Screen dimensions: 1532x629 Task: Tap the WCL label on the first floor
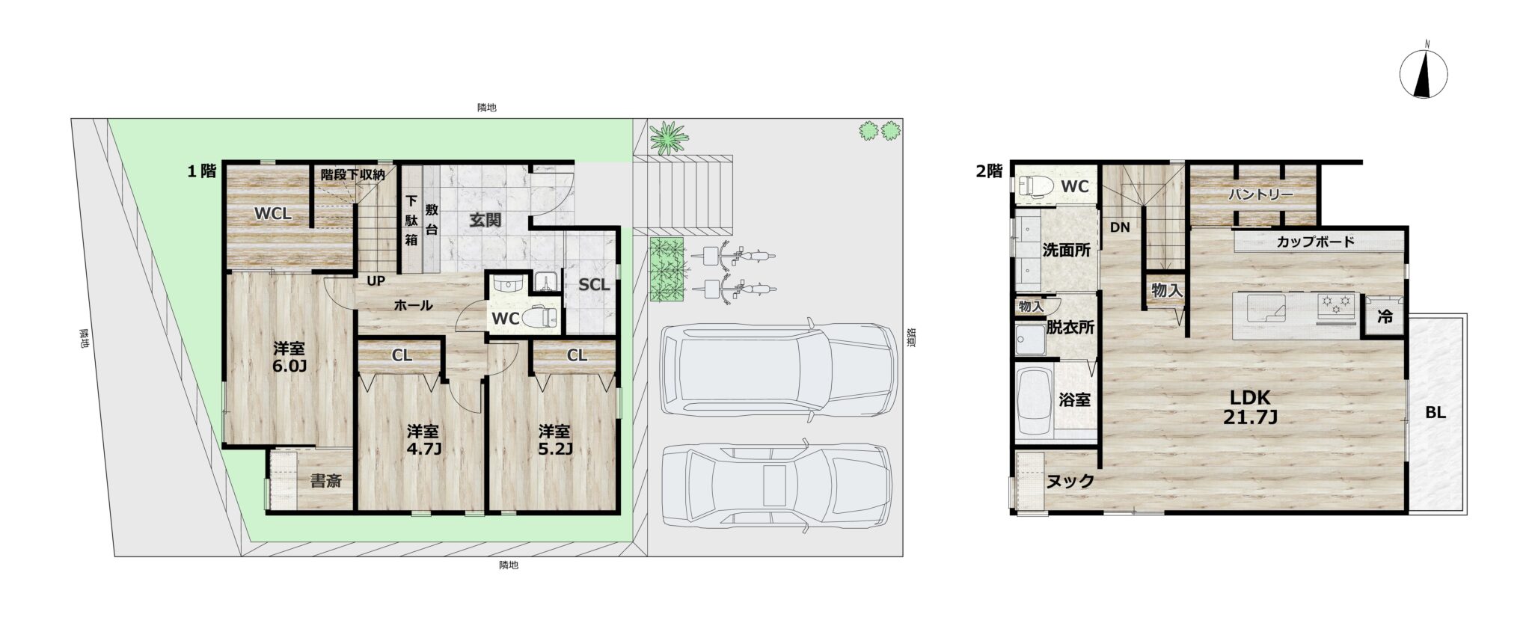[x=273, y=214]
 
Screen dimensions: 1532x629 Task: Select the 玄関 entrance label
[x=485, y=220]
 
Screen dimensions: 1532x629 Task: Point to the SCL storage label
[x=595, y=285]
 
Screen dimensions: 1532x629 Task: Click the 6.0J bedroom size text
[x=289, y=366]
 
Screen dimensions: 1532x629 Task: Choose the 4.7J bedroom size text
[x=423, y=449]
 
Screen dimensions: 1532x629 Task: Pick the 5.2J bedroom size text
[x=554, y=449]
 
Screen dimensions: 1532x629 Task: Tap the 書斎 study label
[x=326, y=481]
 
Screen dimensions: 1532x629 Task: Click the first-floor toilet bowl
[x=539, y=318]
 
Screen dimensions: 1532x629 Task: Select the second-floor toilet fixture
[x=1035, y=185]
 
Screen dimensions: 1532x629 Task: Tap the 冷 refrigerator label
[x=1385, y=316]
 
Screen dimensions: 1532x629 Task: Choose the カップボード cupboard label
[x=1316, y=242]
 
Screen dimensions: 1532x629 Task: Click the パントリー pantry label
[x=1260, y=195]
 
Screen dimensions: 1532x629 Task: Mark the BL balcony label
[x=1436, y=412]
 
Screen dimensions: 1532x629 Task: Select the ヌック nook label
[x=1070, y=481]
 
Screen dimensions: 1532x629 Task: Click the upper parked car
[x=778, y=369]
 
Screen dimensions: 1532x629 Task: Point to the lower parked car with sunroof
[x=776, y=485]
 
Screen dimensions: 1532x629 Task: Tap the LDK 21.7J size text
[x=1250, y=408]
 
